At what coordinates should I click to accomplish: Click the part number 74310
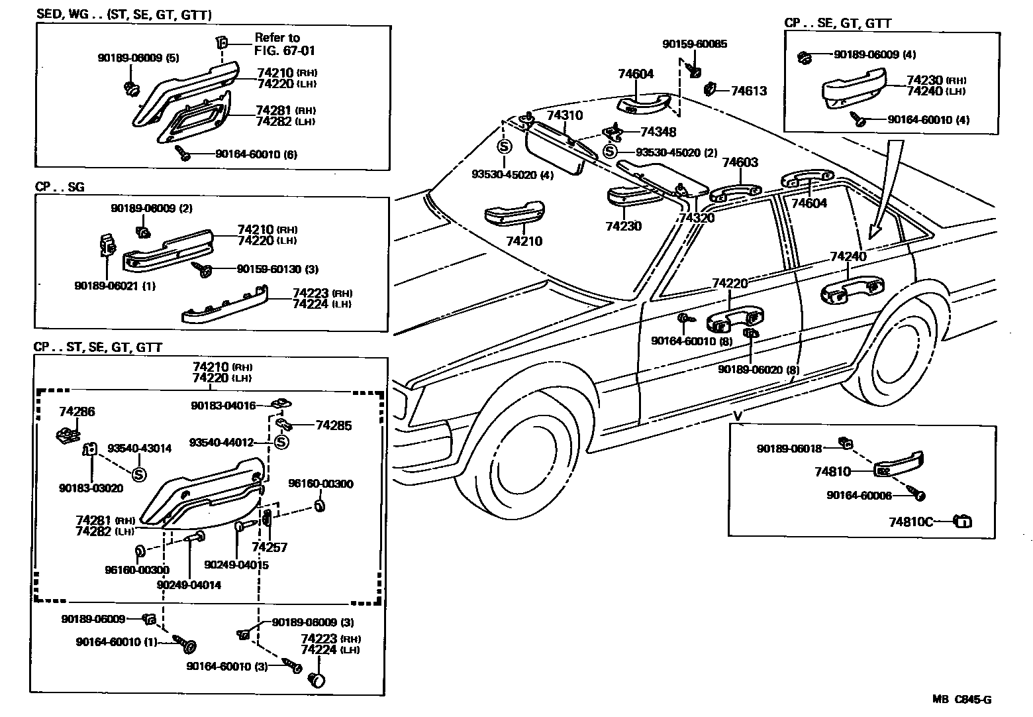(564, 115)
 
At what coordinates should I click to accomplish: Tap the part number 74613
(748, 91)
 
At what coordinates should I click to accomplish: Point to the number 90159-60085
(694, 44)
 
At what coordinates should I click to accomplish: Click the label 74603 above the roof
(740, 163)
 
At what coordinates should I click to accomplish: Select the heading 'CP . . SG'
(60, 188)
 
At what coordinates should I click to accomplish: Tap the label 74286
(77, 412)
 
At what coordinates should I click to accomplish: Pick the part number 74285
(333, 425)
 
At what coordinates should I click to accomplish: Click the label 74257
(270, 548)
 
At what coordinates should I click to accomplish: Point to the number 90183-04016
(223, 406)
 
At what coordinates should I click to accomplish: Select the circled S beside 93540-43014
(139, 474)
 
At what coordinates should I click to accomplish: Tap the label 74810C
(910, 522)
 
